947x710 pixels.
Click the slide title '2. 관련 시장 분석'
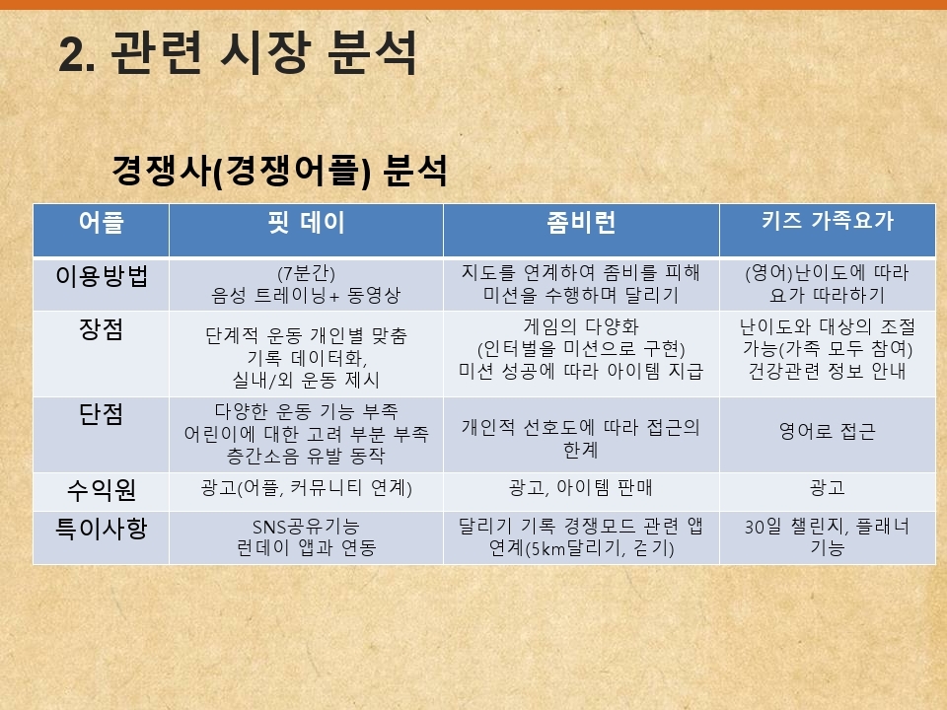[x=238, y=53]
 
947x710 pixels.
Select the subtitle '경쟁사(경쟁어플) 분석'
[x=279, y=171]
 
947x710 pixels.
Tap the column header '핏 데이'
[x=306, y=222]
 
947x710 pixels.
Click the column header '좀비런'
[x=581, y=222]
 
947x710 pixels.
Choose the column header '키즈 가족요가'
[x=828, y=221]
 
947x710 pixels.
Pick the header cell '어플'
[x=102, y=222]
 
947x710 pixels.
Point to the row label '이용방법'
[x=102, y=276]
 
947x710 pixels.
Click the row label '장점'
[x=102, y=329]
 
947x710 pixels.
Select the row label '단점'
[x=102, y=414]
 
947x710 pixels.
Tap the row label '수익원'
[x=102, y=490]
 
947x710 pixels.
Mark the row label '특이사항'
[x=102, y=529]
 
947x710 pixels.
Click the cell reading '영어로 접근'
[x=828, y=431]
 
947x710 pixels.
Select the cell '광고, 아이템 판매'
[x=581, y=487]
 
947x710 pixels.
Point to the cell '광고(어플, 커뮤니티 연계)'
[x=306, y=487]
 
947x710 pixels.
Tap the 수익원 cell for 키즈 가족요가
[x=828, y=487]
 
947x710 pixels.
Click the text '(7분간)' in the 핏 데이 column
[x=306, y=273]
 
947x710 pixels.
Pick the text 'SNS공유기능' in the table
[x=306, y=527]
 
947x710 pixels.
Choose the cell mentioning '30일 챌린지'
[x=828, y=536]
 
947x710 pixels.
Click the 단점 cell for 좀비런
[x=581, y=438]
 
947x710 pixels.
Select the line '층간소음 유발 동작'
[x=306, y=456]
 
